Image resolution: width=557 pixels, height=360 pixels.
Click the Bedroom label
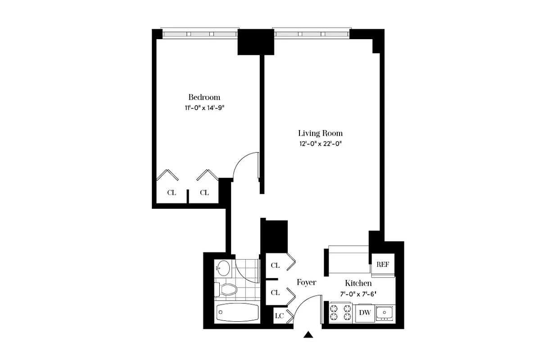tap(204, 97)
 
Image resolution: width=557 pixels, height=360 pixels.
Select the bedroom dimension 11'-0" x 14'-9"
tap(204, 108)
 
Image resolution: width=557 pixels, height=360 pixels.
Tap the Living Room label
tap(320, 133)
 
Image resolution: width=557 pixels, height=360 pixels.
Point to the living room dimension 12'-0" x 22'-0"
tap(320, 144)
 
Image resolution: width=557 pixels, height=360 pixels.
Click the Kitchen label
tap(358, 283)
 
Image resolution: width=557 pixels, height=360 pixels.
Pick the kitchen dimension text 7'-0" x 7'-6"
tap(358, 294)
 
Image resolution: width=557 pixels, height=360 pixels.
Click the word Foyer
tap(306, 283)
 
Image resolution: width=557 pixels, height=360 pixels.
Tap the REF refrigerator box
tap(383, 265)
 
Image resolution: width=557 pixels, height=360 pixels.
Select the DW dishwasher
tap(364, 313)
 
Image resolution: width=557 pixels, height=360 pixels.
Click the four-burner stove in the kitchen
tap(340, 313)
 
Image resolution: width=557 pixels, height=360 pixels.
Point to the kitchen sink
tap(385, 313)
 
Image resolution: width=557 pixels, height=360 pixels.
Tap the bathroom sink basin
tap(223, 268)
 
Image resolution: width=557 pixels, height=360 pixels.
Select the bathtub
tap(237, 312)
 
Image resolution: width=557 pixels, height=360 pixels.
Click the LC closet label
tap(279, 315)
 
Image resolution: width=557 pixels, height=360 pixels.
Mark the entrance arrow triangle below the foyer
tap(308, 334)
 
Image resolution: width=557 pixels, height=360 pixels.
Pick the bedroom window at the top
tap(199, 34)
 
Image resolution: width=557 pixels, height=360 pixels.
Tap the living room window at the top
tap(311, 34)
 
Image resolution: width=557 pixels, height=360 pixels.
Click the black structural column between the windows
tap(255, 42)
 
